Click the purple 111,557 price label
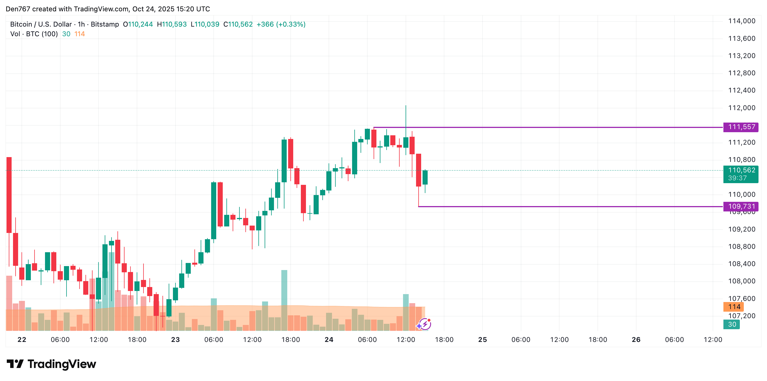pyautogui.click(x=741, y=127)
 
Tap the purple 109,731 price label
pyautogui.click(x=741, y=206)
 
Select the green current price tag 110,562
pyautogui.click(x=741, y=170)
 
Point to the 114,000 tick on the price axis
pyautogui.click(x=742, y=21)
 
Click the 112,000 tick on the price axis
pyautogui.click(x=742, y=108)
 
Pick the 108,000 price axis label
pyautogui.click(x=742, y=281)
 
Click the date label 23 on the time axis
pyautogui.click(x=175, y=340)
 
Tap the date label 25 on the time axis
pyautogui.click(x=482, y=340)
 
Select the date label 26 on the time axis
pyautogui.click(x=636, y=340)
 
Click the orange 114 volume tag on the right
pyautogui.click(x=734, y=307)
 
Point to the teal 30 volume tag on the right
pyautogui.click(x=732, y=324)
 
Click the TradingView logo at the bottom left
pyautogui.click(x=51, y=364)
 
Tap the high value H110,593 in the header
pyautogui.click(x=172, y=24)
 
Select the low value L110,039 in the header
pyautogui.click(x=205, y=24)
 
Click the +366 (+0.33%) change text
pyautogui.click(x=281, y=24)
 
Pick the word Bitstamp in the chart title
pyautogui.click(x=104, y=24)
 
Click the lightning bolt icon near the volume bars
pyautogui.click(x=425, y=324)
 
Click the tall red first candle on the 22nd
pyautogui.click(x=9, y=195)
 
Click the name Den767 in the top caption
pyautogui.click(x=18, y=9)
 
